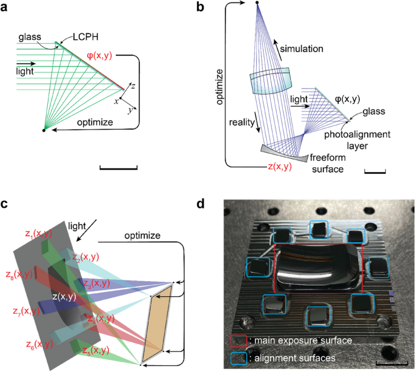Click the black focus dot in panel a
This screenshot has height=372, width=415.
[x=43, y=130]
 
